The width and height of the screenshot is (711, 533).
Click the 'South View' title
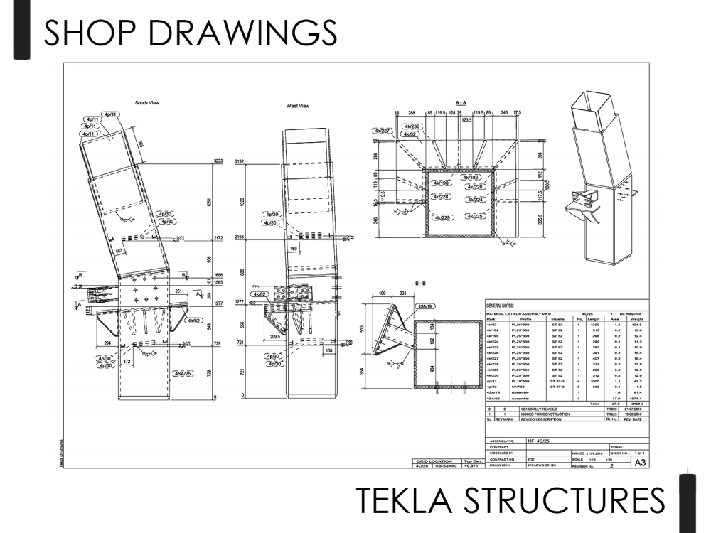(147, 103)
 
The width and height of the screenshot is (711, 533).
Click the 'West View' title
(297, 106)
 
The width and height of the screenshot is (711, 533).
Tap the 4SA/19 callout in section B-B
(427, 306)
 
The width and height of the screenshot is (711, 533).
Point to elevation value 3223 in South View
(218, 163)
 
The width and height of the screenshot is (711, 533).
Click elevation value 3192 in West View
(240, 163)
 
